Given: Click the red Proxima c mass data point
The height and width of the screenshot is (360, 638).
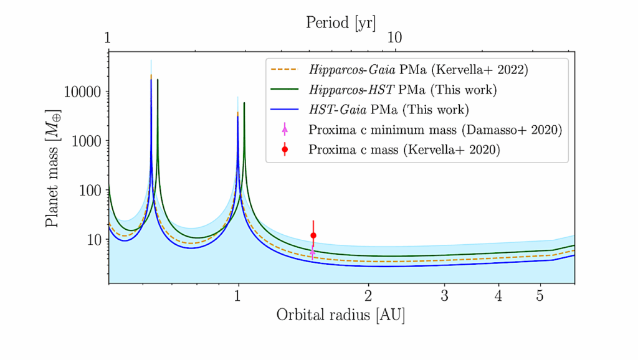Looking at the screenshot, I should click(313, 235).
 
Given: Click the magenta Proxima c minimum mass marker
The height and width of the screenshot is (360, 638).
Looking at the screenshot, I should click(313, 252).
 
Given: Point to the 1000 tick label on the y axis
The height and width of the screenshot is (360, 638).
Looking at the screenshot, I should click(86, 141).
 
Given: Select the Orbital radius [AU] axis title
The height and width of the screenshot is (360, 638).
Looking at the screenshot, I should click(341, 315).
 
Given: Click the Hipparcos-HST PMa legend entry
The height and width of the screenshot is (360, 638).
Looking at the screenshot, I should click(402, 90).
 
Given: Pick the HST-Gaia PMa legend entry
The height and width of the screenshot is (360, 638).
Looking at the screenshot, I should click(388, 110).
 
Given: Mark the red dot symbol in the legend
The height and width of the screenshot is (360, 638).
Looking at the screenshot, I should click(285, 149).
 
